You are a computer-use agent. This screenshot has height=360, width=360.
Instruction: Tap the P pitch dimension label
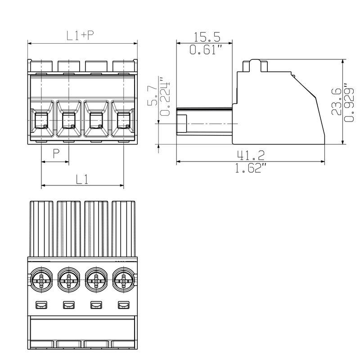[56, 154]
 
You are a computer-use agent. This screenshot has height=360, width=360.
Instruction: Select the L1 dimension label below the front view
[81, 179]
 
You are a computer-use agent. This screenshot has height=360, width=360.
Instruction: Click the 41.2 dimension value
[251, 155]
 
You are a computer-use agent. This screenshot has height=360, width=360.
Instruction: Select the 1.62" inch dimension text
[251, 169]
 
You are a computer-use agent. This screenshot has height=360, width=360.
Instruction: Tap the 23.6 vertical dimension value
[336, 103]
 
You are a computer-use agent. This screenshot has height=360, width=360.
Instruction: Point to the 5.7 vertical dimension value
[153, 96]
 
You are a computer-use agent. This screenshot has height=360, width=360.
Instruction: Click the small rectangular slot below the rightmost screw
[123, 306]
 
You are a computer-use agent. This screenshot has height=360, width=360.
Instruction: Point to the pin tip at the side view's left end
[182, 124]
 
